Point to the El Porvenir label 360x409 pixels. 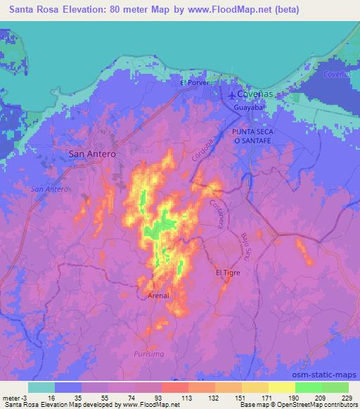[x=196, y=83]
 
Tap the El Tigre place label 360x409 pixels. [x=228, y=272]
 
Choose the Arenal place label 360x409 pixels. [x=159, y=296]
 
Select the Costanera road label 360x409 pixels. [x=217, y=213]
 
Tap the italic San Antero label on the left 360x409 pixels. [x=49, y=190]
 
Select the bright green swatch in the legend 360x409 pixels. [x=307, y=387]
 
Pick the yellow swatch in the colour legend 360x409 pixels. [x=281, y=387]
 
